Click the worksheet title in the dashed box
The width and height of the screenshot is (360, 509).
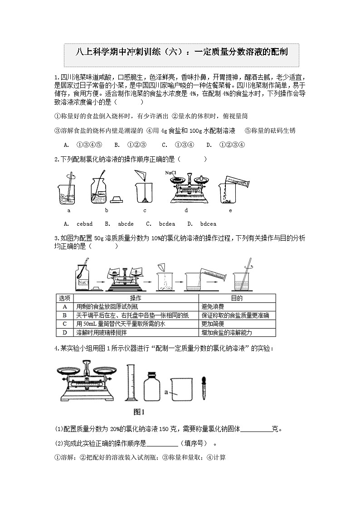(181, 52)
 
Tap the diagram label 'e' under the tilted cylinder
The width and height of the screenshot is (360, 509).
(230, 210)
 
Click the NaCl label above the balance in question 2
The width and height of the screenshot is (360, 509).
(171, 173)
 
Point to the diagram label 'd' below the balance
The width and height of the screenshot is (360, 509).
(186, 210)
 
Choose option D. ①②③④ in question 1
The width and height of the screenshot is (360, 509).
(225, 145)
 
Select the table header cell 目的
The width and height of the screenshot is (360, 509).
(237, 298)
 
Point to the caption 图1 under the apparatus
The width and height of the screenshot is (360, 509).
(138, 412)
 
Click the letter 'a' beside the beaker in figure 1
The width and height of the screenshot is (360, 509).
(167, 390)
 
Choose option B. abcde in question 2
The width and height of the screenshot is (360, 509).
(119, 224)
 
